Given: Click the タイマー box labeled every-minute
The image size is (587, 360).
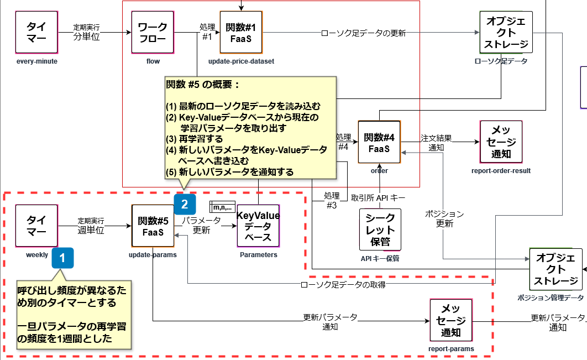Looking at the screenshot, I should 36,32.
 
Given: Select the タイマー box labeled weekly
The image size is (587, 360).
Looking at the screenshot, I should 36,226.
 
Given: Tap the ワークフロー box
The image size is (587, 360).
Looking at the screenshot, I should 153,32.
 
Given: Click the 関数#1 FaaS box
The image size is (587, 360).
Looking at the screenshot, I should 241,32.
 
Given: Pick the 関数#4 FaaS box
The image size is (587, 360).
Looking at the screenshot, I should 379,142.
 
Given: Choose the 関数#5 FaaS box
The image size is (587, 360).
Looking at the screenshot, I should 153,226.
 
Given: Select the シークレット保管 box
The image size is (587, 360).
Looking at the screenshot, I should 380,229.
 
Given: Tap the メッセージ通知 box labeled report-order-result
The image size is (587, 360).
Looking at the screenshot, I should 501,142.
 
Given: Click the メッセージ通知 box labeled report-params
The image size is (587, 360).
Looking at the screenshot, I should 451,320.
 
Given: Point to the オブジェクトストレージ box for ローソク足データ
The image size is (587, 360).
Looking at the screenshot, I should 506,33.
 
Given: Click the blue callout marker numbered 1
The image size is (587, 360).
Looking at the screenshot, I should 62,258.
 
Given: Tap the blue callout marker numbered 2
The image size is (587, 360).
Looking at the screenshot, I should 185,204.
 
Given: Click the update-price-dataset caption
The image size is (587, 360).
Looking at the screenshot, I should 241,61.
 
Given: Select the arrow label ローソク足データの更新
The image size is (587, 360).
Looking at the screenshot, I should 364,33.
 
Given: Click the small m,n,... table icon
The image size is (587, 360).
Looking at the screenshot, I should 223,207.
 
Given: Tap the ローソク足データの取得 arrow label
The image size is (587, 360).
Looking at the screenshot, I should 343,285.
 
